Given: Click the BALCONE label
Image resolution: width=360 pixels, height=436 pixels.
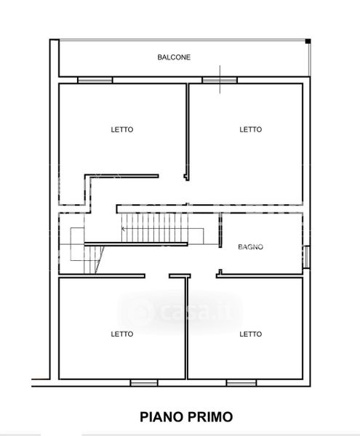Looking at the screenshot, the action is point(174,57).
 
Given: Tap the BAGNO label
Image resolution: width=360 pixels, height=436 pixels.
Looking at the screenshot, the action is point(250,247).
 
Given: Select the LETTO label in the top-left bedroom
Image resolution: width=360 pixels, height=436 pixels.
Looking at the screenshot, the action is point(122,129).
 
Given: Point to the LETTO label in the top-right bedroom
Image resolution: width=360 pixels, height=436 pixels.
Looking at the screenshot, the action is point(251,129).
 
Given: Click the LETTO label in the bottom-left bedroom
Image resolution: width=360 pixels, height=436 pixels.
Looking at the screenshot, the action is point(122,334).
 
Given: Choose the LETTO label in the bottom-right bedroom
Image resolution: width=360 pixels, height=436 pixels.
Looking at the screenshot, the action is point(251,334).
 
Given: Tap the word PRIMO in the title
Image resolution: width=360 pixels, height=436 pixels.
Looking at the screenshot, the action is point(210,417).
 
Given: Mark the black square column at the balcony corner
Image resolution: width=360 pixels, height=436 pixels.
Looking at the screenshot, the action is point(308,41).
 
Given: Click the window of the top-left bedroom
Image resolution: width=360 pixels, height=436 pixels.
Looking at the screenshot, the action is point(95,81).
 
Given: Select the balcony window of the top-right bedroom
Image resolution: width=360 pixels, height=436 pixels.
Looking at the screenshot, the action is point(220,81).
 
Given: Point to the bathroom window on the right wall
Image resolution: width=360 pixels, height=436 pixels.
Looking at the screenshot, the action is point(306,257).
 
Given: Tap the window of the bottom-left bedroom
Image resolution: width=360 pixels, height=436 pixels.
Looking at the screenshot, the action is point(144,383).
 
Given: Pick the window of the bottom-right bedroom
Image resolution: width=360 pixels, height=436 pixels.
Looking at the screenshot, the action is point(241,383).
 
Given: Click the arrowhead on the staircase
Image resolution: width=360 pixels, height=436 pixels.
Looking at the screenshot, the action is point(123,229).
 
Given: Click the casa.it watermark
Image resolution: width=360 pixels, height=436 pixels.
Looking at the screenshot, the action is point(180,311).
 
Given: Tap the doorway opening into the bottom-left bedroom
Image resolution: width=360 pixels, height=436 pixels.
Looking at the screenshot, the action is point(157,276).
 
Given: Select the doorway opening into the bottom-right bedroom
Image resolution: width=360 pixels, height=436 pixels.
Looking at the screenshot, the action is point(204,276).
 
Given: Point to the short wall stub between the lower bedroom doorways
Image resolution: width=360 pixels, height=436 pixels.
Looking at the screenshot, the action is point(180,276).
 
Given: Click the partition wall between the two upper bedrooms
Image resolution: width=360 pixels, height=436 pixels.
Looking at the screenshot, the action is point(188,132).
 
